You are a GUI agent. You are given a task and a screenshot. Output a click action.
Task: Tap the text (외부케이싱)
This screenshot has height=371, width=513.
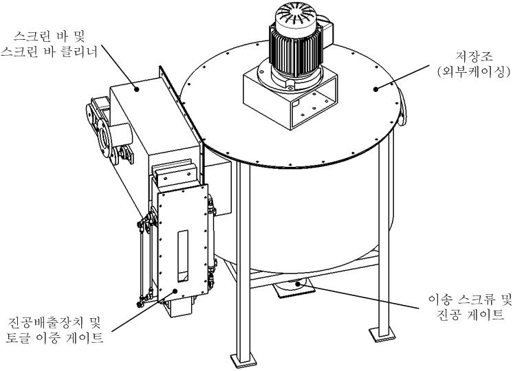[473, 72]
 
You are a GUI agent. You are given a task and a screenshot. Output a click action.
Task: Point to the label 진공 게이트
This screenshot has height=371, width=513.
[471, 315]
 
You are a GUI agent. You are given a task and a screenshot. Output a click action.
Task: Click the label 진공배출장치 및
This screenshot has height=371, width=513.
[54, 323]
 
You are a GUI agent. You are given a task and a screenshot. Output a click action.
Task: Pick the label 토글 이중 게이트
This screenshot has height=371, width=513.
[54, 337]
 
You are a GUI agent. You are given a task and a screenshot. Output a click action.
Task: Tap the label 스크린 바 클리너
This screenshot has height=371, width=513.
[49, 52]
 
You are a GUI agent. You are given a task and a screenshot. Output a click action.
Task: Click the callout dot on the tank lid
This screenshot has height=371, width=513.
[376, 89]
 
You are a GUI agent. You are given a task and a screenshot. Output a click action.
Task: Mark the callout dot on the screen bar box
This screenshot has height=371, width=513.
[137, 89]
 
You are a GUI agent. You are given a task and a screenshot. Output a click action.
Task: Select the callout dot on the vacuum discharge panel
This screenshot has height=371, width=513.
[175, 290]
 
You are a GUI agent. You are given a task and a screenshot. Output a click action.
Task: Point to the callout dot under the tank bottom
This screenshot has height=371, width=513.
[297, 284]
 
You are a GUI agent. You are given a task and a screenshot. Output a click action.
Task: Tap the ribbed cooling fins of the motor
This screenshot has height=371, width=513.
[296, 49]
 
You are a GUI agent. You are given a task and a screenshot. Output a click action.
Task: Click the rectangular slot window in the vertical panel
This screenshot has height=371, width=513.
[183, 256]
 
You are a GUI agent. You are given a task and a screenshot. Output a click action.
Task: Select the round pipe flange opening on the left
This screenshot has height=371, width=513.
[104, 138]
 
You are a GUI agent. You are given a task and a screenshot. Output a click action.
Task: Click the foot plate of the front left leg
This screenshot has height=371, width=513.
[242, 362]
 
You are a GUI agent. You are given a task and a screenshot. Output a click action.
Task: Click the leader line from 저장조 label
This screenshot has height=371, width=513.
[402, 77]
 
